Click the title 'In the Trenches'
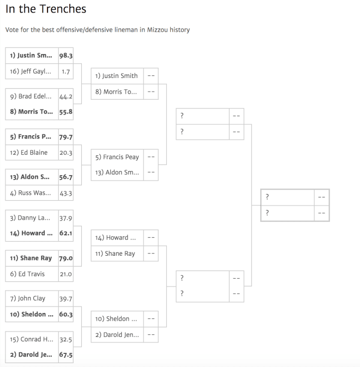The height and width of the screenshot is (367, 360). (x=46, y=9)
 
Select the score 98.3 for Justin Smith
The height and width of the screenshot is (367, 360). (x=66, y=56)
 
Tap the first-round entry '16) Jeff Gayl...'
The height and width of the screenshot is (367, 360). (x=31, y=71)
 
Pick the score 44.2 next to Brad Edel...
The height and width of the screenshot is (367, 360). (x=66, y=97)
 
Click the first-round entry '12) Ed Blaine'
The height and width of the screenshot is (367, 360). (x=28, y=152)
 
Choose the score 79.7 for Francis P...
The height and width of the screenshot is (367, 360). (x=66, y=137)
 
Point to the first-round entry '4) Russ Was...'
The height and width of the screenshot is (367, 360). (x=31, y=193)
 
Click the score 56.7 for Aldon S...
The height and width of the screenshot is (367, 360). (x=66, y=177)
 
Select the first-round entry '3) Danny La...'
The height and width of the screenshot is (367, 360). (x=30, y=218)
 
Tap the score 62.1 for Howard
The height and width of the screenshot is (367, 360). (x=66, y=233)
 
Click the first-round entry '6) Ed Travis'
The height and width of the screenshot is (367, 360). (x=27, y=274)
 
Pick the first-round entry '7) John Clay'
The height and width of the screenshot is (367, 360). (x=28, y=298)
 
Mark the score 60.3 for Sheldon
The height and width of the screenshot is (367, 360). (x=66, y=314)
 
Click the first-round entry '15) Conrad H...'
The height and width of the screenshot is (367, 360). (x=32, y=339)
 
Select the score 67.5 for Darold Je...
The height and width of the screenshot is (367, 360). (x=66, y=354)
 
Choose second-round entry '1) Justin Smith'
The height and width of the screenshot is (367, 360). (x=116, y=76)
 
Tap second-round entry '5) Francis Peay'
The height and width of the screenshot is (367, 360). (x=117, y=157)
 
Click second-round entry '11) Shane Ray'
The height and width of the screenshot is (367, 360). (x=115, y=254)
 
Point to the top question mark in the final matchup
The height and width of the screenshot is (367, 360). (x=267, y=197)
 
